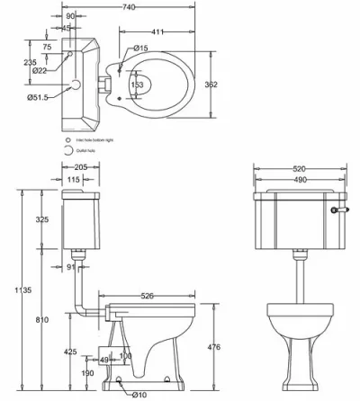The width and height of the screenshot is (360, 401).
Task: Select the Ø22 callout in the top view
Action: click(39, 70)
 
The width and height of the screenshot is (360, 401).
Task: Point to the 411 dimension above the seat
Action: click(157, 32)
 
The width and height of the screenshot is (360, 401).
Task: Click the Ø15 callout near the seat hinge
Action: click(139, 48)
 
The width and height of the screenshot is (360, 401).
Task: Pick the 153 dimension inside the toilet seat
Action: click(138, 85)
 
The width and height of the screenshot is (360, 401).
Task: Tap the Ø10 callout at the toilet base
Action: click(138, 393)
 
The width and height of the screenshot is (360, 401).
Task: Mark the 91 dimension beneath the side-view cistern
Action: click(71, 266)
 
